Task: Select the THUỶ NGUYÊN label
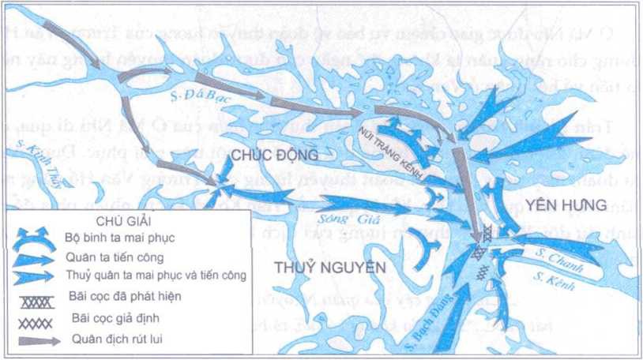tap(330, 268)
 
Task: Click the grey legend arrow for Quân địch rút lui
tap(36, 340)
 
